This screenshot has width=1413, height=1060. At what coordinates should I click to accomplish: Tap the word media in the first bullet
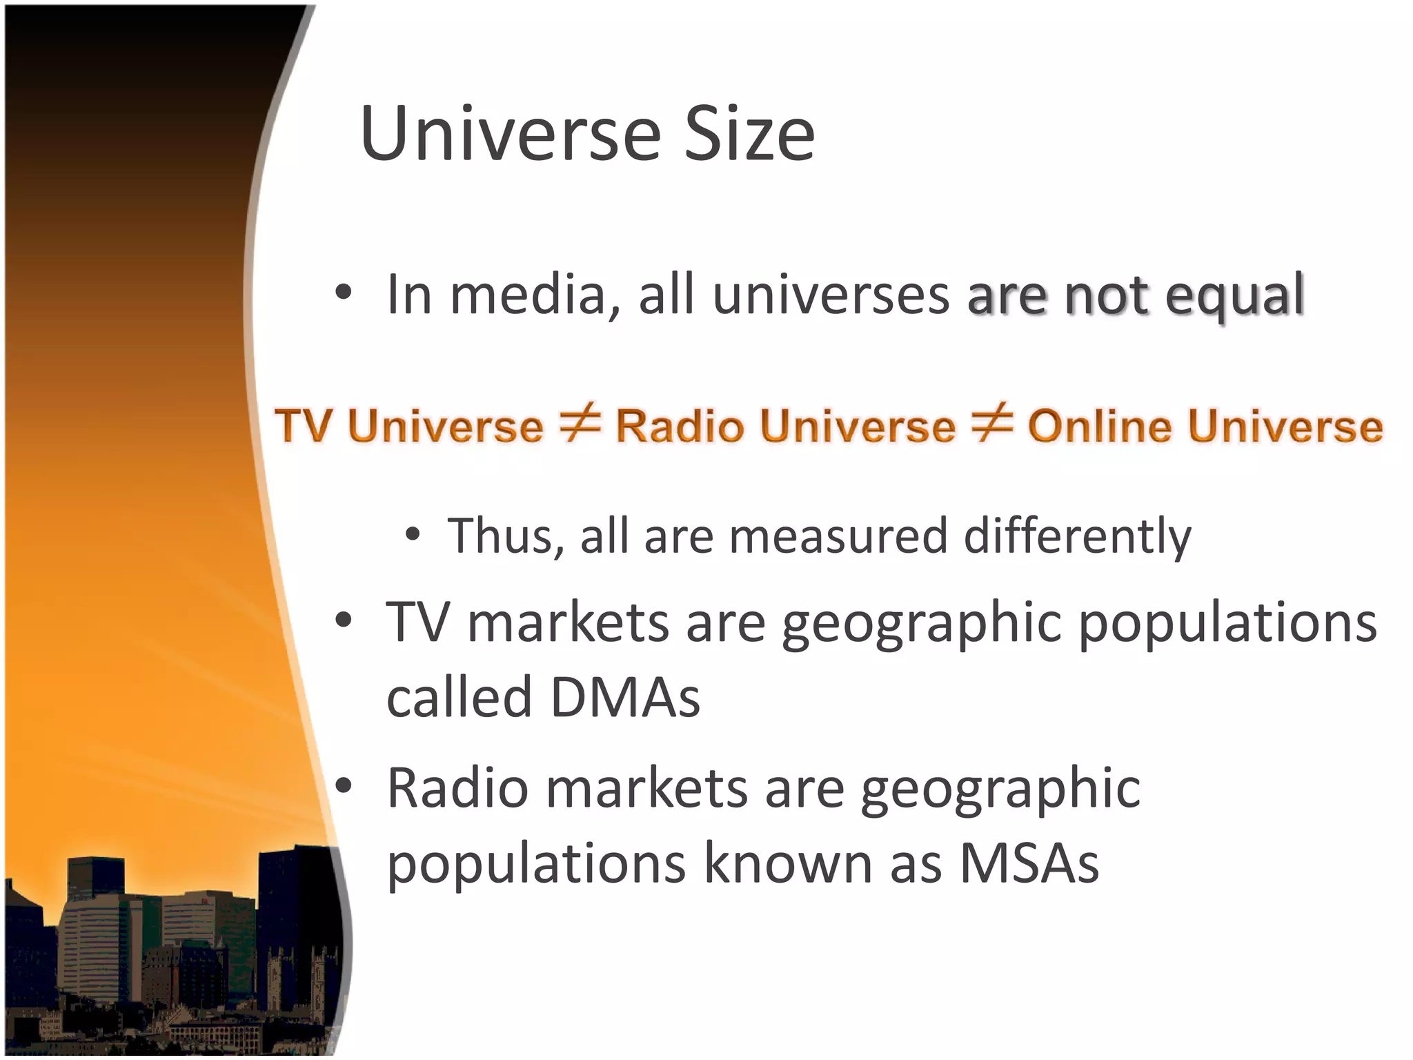click(528, 295)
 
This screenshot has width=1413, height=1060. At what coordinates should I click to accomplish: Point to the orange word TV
click(304, 425)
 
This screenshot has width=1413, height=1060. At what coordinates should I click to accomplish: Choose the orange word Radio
click(679, 425)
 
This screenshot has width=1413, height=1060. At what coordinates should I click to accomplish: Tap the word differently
click(1077, 536)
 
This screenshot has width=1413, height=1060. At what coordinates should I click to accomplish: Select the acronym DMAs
click(625, 697)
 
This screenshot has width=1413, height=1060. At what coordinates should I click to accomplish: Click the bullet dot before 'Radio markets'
click(344, 785)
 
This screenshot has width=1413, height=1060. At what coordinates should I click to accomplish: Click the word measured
click(838, 536)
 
